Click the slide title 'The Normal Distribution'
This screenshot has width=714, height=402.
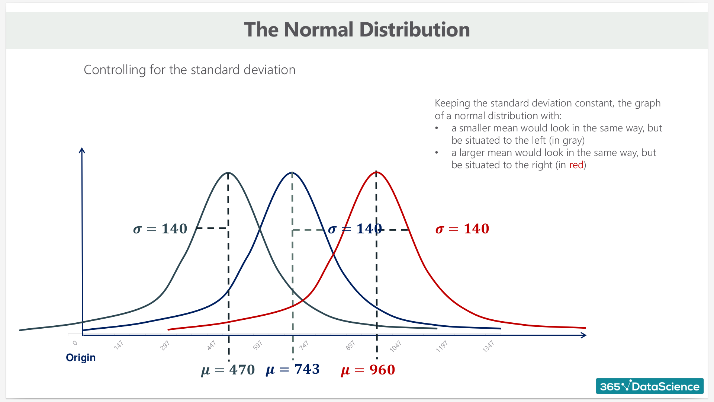pyautogui.click(x=357, y=29)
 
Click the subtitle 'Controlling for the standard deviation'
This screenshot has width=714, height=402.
pyautogui.click(x=190, y=70)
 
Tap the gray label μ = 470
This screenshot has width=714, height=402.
pyautogui.click(x=228, y=370)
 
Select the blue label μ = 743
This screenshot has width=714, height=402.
pyautogui.click(x=293, y=369)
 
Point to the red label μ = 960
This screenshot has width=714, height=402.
pyautogui.click(x=368, y=370)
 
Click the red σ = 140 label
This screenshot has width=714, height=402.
pyautogui.click(x=462, y=229)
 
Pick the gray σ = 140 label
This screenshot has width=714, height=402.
pyautogui.click(x=160, y=229)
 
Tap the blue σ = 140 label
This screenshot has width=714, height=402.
pyautogui.click(x=355, y=229)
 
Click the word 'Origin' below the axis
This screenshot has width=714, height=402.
pyautogui.click(x=81, y=358)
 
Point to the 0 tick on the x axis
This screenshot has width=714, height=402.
pyautogui.click(x=75, y=343)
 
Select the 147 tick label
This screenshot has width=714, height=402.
pyautogui.click(x=118, y=345)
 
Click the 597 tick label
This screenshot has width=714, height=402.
pyautogui.click(x=257, y=345)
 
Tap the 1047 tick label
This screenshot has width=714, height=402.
pyautogui.click(x=395, y=346)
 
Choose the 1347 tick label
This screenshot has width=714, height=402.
pyautogui.click(x=488, y=346)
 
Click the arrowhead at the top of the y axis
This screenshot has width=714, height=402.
pyautogui.click(x=82, y=150)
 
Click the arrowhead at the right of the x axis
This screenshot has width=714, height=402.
pyautogui.click(x=584, y=335)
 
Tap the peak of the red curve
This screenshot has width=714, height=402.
pyautogui.click(x=376, y=172)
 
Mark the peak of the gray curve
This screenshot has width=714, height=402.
pyautogui.click(x=228, y=173)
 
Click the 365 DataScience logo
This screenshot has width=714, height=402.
pyautogui.click(x=650, y=386)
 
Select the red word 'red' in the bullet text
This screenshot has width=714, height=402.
pyautogui.click(x=576, y=165)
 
